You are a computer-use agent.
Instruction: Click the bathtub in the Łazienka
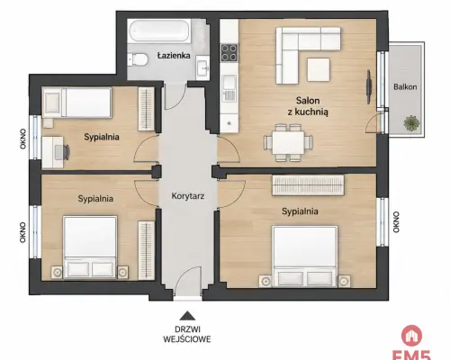[159, 31]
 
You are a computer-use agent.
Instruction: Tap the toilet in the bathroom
[138, 59]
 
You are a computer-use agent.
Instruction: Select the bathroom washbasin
[203, 68]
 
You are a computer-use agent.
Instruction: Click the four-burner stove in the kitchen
[229, 53]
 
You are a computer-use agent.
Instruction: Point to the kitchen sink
[229, 88]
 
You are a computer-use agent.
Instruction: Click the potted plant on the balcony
[411, 122]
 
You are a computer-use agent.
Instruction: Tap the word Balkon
[405, 87]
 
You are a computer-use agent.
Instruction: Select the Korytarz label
[188, 196]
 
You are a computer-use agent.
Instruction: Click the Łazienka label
[174, 55]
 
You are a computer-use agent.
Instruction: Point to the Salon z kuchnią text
[308, 106]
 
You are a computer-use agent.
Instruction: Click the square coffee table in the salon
[319, 69]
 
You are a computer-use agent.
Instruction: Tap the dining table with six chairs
[288, 143]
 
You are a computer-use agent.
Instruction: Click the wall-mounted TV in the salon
[369, 87]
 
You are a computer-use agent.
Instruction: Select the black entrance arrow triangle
[187, 316]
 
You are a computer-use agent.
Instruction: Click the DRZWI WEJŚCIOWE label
[187, 334]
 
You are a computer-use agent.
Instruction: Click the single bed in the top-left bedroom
[77, 103]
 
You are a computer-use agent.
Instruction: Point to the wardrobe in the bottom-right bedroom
[308, 185]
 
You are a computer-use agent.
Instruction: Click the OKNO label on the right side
[396, 222]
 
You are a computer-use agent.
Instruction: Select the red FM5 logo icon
[412, 336]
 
